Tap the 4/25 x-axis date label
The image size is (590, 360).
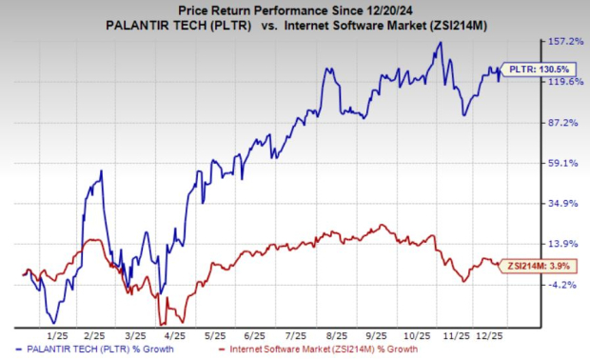click(x=174, y=336)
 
